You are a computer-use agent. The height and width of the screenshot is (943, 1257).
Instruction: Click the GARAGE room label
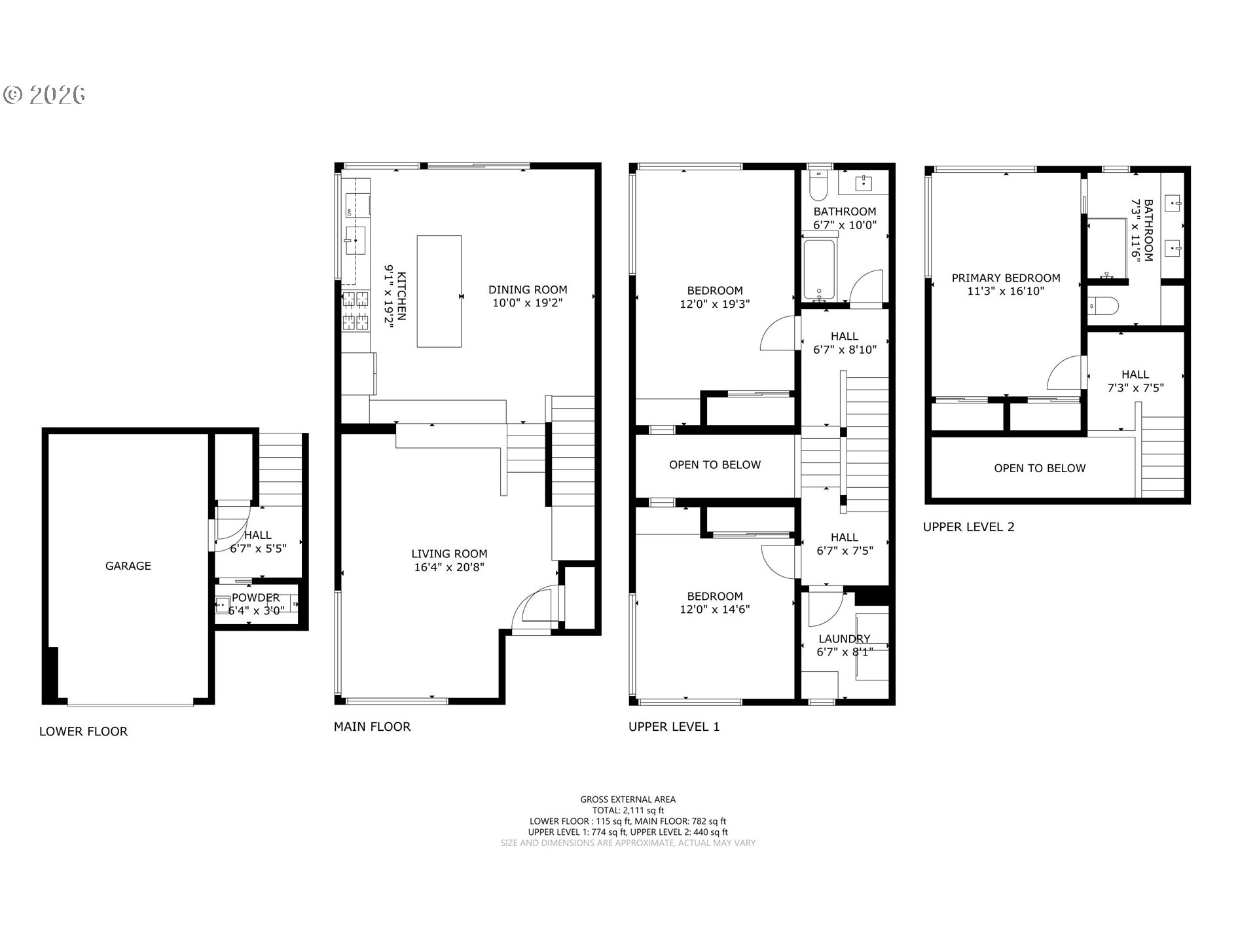coord(128,566)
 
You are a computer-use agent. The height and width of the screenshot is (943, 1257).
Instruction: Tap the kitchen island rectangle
coord(439,291)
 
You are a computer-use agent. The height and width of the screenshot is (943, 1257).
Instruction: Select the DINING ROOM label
coord(528,289)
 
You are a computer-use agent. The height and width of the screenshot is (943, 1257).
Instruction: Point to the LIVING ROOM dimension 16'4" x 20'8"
coord(449,567)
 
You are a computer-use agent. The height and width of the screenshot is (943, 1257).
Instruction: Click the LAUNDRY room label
coord(845,638)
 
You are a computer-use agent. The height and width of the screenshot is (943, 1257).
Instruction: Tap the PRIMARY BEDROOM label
coord(1006,278)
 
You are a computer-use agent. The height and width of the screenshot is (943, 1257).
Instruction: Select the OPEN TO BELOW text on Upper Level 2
coord(1040,468)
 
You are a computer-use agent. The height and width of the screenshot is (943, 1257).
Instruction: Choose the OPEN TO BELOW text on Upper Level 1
coord(715,465)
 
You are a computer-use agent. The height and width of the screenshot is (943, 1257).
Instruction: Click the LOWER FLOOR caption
coord(83,731)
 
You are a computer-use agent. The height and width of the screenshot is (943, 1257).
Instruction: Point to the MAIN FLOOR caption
coord(372,726)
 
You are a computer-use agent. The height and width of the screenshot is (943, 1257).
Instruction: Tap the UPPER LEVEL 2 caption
coord(969,527)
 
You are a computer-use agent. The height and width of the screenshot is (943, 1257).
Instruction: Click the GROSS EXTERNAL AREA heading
coord(628,799)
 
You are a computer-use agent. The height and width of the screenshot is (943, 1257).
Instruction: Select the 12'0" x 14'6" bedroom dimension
coord(715,609)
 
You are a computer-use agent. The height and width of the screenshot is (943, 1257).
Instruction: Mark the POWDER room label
coord(255,597)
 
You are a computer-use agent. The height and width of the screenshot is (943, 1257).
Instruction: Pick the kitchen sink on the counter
coord(355,240)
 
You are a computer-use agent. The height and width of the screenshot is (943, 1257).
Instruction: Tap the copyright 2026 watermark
coord(45,95)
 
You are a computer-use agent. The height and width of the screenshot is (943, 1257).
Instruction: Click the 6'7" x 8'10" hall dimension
coord(845,350)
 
